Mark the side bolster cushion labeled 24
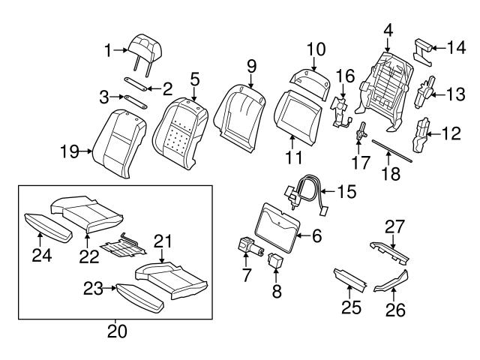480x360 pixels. (45, 223)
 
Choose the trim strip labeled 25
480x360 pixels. (349, 280)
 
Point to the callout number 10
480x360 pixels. (315, 51)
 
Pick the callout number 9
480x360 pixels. (252, 67)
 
